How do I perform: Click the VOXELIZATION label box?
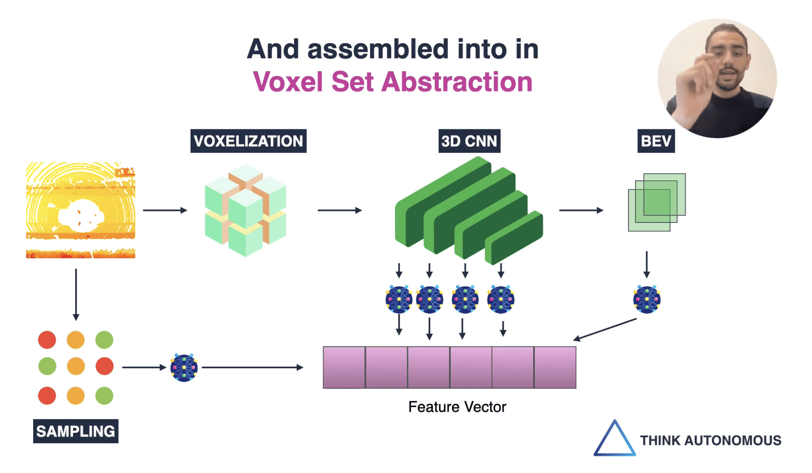click(x=248, y=141)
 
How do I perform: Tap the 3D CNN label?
click(x=469, y=141)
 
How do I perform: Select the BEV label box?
click(x=656, y=141)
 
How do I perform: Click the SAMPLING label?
click(x=76, y=431)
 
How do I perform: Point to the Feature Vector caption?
click(x=457, y=407)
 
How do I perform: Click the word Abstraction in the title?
click(x=457, y=82)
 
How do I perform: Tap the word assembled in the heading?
click(x=378, y=49)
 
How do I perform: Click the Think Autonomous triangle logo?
click(x=614, y=439)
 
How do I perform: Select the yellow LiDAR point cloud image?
click(x=80, y=210)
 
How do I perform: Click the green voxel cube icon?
click(x=245, y=210)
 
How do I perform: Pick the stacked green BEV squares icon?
click(x=656, y=202)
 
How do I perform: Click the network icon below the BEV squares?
click(x=647, y=299)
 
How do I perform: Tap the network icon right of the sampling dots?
click(x=184, y=368)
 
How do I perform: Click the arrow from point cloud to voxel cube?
click(x=165, y=210)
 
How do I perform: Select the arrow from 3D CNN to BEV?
click(x=581, y=210)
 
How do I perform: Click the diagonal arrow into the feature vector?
click(x=605, y=330)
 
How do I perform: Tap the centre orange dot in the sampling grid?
click(x=76, y=366)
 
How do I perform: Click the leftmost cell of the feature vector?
click(x=344, y=368)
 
